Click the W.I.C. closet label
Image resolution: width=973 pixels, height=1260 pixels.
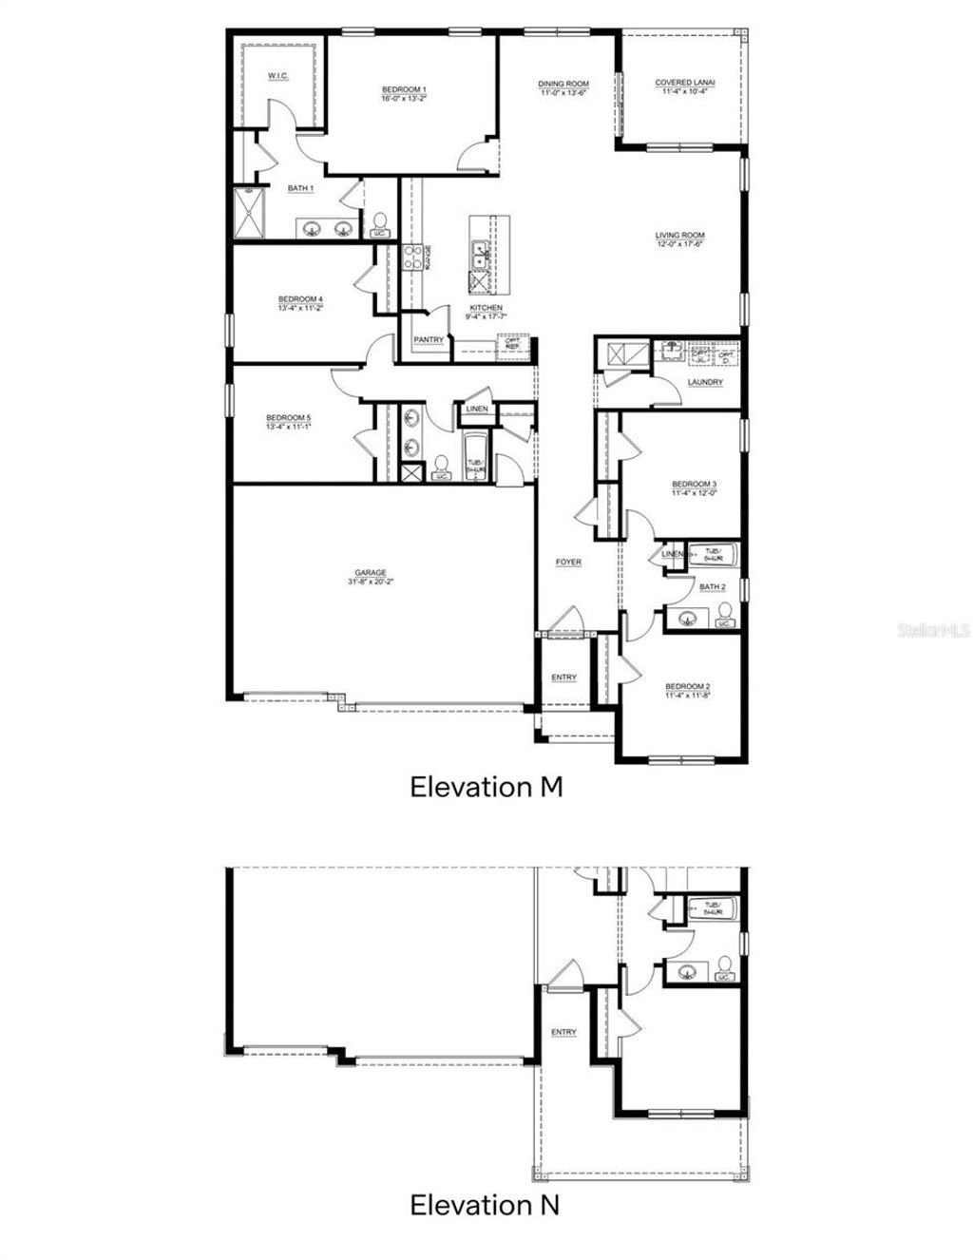coord(277,75)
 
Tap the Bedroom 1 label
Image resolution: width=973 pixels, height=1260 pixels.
coord(404,88)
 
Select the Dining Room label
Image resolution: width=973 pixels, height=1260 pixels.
coord(563,84)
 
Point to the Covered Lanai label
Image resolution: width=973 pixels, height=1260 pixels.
coord(685,83)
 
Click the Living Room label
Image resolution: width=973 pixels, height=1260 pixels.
coord(679,236)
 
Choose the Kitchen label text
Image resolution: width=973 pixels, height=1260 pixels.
coord(485,308)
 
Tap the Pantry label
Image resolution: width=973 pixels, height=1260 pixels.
coord(429,340)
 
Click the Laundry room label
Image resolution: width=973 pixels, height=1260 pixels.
coord(705,382)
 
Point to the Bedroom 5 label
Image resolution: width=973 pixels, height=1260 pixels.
coord(288,417)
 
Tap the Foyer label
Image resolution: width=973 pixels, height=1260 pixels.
coord(568,563)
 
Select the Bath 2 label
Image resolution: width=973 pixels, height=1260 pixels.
coord(712,587)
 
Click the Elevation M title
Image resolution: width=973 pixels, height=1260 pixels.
coord(486,787)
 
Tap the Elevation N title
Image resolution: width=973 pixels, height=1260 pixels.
coord(485,1205)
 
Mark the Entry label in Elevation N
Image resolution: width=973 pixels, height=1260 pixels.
coord(563,1032)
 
